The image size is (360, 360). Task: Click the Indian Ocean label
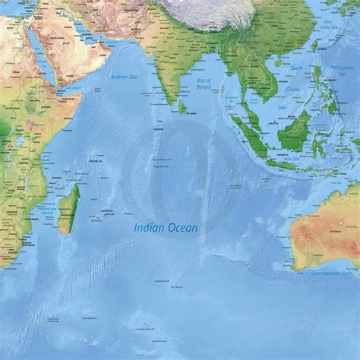163,226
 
